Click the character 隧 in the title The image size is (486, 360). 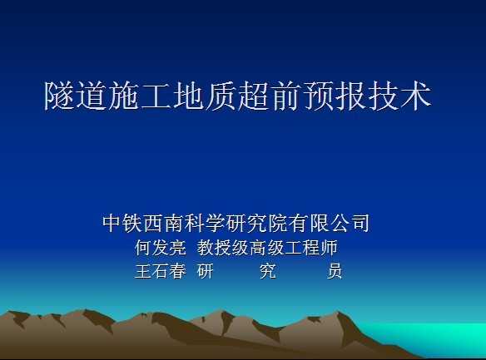[x=60, y=96]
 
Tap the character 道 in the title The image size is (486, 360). [x=92, y=96]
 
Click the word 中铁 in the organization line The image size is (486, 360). [x=121, y=223]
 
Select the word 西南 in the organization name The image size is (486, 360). [x=163, y=223]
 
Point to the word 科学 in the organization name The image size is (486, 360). [x=204, y=223]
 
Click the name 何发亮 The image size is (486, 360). [x=161, y=248]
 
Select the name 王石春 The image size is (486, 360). [x=161, y=271]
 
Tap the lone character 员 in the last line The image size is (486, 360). [x=335, y=271]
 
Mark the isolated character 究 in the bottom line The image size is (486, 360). [x=267, y=271]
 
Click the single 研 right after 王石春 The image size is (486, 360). [x=206, y=271]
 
